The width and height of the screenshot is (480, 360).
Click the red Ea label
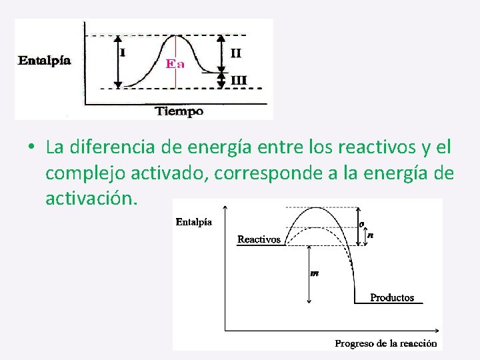tap(175, 64)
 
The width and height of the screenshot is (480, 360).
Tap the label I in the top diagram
tap(123, 51)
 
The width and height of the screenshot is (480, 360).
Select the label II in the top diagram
tap(236, 53)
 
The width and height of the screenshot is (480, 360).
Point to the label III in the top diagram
tap(238, 81)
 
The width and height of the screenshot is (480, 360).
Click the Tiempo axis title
tap(179, 111)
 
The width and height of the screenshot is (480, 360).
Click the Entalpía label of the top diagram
tap(44, 60)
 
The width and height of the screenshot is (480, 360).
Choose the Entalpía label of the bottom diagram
tap(194, 222)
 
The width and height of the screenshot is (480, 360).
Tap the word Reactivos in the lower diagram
tap(259, 239)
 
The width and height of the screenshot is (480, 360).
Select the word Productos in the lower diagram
tap(392, 298)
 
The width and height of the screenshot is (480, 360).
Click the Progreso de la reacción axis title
tap(385, 343)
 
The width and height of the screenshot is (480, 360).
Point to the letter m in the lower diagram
tap(314, 273)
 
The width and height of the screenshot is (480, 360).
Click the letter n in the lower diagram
tap(370, 235)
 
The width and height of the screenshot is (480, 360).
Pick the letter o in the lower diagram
tap(362, 224)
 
